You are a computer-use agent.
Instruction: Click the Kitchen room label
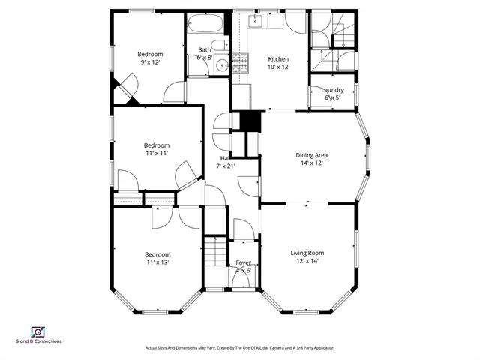278,59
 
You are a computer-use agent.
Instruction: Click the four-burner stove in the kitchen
240,65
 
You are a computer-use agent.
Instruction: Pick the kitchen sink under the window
256,20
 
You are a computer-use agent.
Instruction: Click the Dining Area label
311,155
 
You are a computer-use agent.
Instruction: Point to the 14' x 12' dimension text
311,163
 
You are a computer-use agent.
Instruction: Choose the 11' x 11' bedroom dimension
157,153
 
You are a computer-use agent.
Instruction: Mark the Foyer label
243,262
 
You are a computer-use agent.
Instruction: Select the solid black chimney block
247,121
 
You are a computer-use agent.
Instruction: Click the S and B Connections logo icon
37,331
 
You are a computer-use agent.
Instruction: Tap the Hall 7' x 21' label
224,161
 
